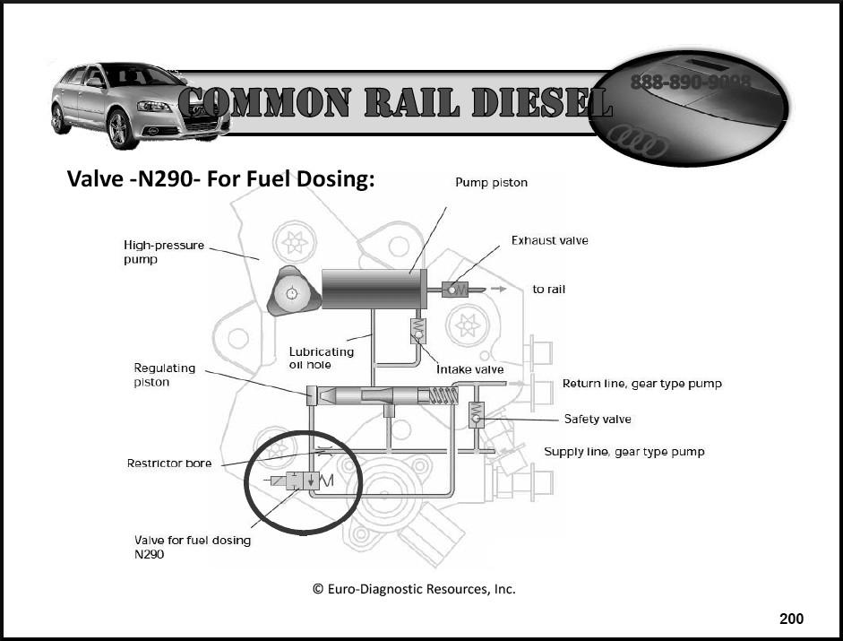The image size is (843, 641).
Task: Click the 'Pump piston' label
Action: (491, 183)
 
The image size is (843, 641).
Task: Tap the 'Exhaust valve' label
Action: (549, 240)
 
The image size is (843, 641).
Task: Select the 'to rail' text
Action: (548, 290)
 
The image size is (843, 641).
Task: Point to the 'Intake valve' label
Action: (469, 369)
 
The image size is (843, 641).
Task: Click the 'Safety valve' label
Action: (597, 419)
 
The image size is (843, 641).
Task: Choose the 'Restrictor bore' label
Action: (169, 463)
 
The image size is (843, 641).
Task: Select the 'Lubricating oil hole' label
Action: (321, 358)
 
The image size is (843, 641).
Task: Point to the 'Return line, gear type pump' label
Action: (641, 384)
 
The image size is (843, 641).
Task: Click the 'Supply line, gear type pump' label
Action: (624, 451)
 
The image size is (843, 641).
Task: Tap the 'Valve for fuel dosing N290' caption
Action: (192, 547)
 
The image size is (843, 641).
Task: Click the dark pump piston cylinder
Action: (371, 290)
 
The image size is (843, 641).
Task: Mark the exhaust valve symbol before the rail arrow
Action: (451, 290)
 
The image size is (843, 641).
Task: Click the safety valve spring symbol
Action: (476, 413)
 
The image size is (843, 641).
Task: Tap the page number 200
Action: (791, 619)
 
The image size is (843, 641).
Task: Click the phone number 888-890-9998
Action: (690, 82)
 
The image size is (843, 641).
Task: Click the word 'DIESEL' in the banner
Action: (537, 104)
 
